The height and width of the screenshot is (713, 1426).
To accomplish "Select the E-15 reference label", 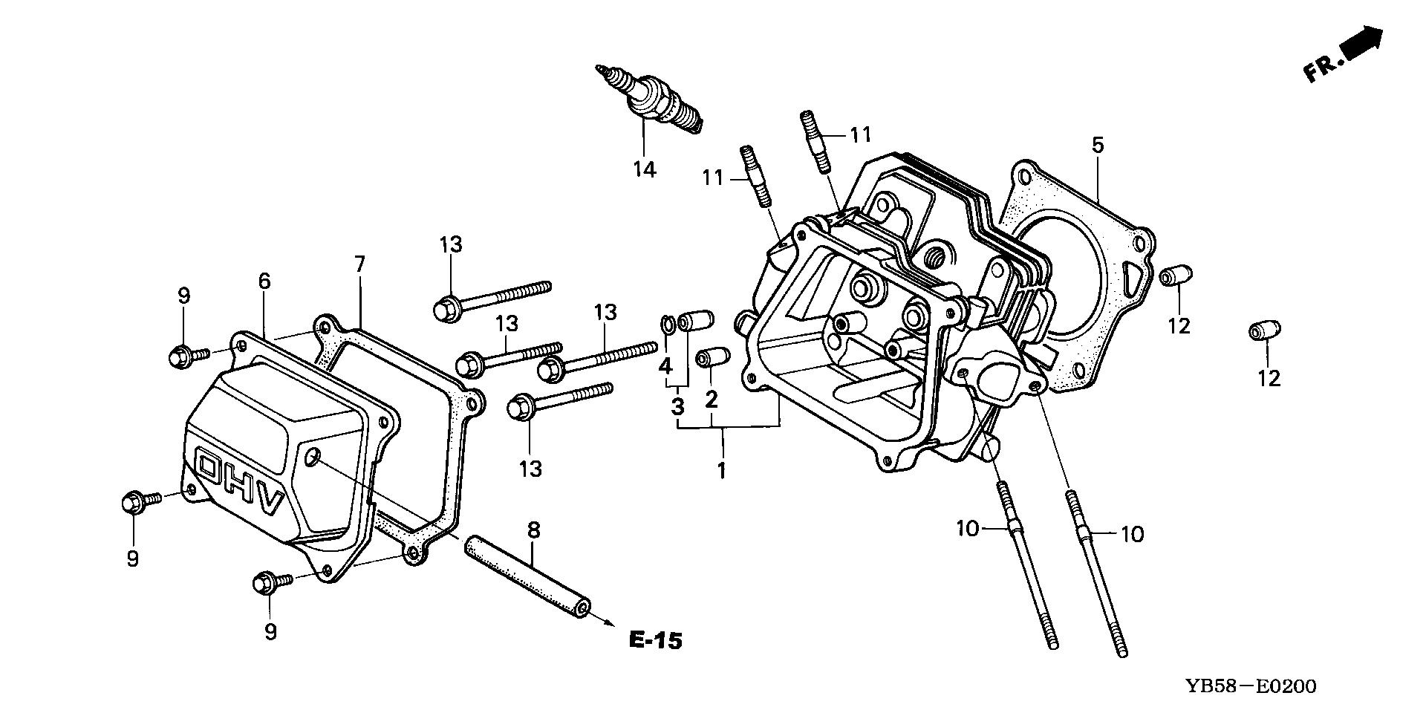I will (654, 640).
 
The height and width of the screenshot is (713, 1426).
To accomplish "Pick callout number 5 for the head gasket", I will (1097, 145).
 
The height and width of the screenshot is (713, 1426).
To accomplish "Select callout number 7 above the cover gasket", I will (359, 264).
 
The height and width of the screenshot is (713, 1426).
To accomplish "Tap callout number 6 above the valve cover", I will (264, 281).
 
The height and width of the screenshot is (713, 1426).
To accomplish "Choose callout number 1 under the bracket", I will (720, 470).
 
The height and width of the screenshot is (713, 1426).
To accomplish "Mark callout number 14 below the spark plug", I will (644, 169).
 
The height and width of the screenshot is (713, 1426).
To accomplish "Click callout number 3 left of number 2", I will (677, 406).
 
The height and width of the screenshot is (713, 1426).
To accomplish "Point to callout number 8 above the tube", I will (533, 530).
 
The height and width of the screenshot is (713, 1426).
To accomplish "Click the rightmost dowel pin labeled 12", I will (1266, 331).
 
